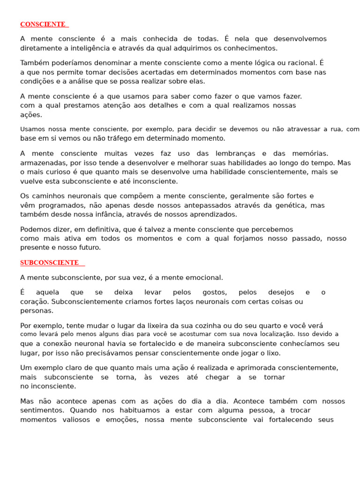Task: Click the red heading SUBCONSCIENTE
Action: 49,263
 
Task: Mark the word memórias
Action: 309,154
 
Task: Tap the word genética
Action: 291,205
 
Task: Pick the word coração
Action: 34,301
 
